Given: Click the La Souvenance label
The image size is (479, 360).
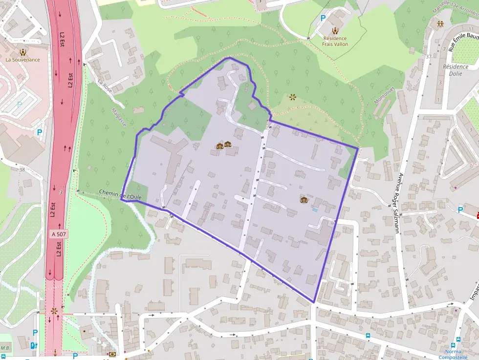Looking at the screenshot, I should (22, 60).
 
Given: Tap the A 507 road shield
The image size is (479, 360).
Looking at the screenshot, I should (59, 234).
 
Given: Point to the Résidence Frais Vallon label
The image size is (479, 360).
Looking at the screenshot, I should (334, 41).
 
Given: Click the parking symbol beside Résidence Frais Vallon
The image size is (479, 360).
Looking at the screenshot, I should (323, 19).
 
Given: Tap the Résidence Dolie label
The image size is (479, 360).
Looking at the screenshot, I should (455, 70).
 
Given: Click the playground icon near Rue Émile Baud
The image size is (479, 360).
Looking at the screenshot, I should (440, 23).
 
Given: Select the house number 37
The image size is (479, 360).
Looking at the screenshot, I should (429, 57).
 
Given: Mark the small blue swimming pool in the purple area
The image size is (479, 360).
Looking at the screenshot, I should (315, 210).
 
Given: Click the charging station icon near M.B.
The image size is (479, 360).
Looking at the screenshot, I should (33, 345).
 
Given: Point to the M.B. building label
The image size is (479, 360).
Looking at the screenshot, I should (6, 348).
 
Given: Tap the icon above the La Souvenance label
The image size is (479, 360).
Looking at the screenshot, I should (22, 51).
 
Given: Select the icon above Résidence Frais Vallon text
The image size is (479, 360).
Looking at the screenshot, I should (335, 30).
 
